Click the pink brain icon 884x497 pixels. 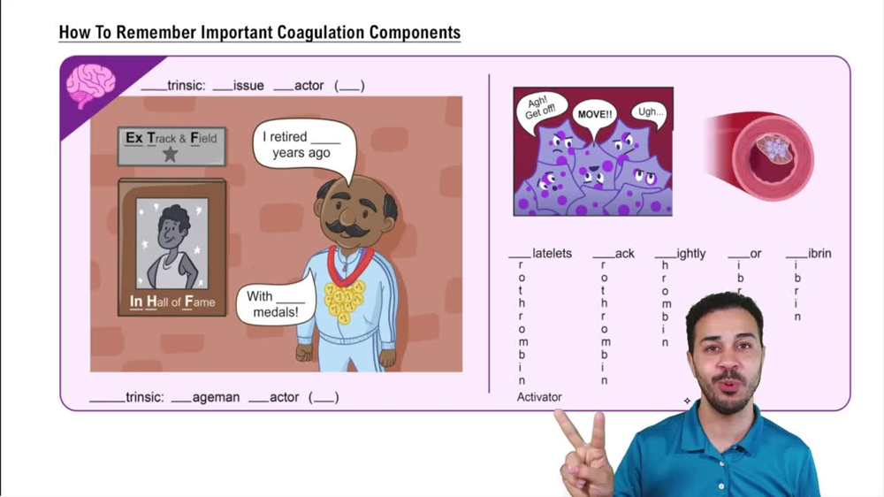point(90,86)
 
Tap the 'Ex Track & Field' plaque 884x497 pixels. point(171,145)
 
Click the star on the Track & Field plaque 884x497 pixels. point(171,155)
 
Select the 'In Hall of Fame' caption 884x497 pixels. point(171,302)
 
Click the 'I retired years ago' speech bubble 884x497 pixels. point(301,145)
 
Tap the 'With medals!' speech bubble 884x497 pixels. point(275,304)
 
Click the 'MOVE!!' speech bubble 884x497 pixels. point(594,116)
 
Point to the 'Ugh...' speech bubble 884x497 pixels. point(650,112)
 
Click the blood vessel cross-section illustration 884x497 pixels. point(764,156)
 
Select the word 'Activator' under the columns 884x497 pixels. point(539,397)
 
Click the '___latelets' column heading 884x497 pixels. point(540,254)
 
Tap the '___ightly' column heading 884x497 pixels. point(680,254)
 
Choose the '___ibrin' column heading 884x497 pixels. point(808,254)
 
